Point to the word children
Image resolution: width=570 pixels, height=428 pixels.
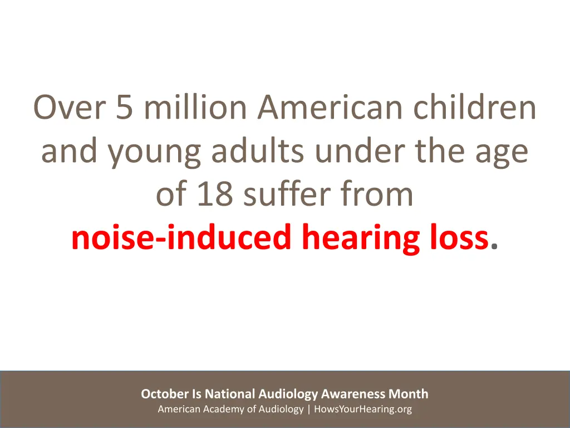(x=475, y=108)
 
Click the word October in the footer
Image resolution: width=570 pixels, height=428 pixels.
(x=165, y=394)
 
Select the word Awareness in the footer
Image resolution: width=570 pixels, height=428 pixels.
(x=353, y=394)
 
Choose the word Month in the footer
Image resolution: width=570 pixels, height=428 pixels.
(x=409, y=394)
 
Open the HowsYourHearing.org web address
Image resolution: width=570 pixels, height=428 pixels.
(x=363, y=410)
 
